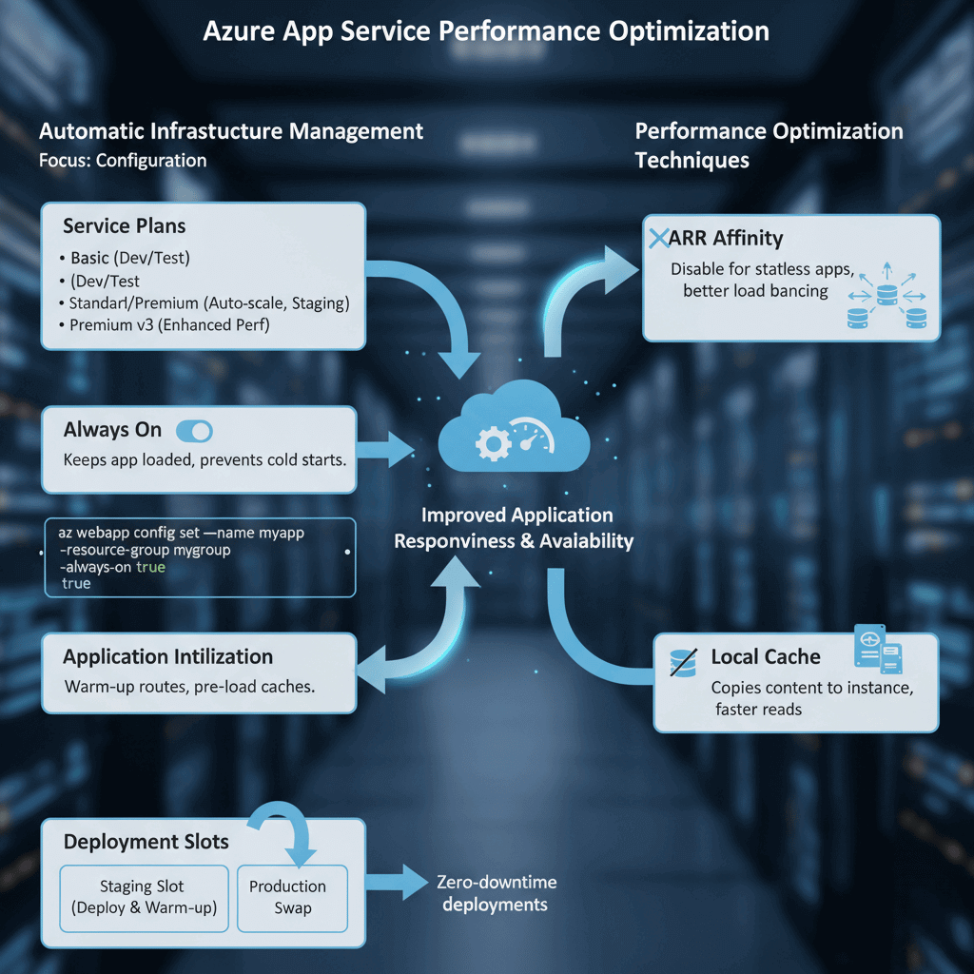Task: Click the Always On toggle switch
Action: click(x=195, y=431)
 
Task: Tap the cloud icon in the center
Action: click(x=514, y=433)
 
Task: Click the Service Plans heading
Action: click(x=125, y=226)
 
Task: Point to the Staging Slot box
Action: click(x=144, y=897)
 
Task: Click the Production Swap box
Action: click(x=292, y=897)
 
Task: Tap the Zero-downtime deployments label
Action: click(x=495, y=893)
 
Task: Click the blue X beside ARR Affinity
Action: click(x=658, y=239)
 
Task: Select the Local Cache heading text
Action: click(x=766, y=656)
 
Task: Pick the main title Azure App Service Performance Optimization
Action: click(x=486, y=31)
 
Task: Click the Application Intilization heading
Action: click(x=167, y=656)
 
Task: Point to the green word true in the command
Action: click(x=150, y=567)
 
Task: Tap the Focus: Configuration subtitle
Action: click(x=123, y=160)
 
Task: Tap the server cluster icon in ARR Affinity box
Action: click(x=886, y=298)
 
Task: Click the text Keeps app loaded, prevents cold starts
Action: click(x=204, y=459)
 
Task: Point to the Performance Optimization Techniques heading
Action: click(x=769, y=145)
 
